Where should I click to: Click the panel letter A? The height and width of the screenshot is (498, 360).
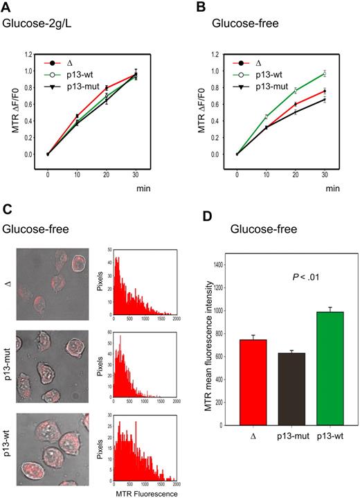point(6,8)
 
